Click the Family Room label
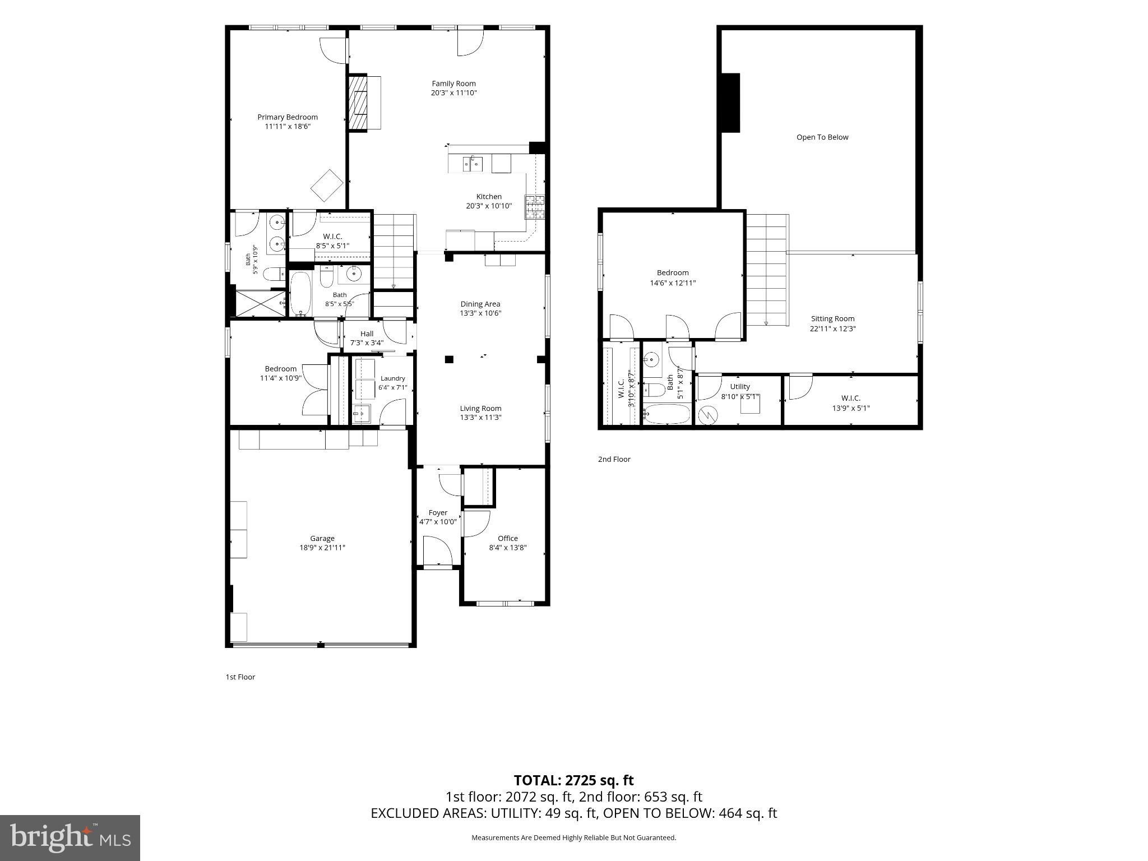[453, 84]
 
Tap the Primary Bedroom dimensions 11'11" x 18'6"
[288, 127]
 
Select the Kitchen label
[489, 197]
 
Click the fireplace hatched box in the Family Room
[358, 103]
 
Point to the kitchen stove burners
[534, 207]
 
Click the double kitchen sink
[473, 163]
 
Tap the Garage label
[322, 539]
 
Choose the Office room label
[508, 539]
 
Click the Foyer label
[438, 513]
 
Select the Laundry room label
[392, 378]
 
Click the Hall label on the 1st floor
[367, 334]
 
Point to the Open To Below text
[822, 137]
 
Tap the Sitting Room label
[832, 319]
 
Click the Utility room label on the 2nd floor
[740, 387]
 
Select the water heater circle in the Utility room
[708, 415]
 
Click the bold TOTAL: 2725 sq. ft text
[574, 780]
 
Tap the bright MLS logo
[70, 838]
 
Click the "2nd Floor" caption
[614, 459]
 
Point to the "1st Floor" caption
[240, 677]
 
